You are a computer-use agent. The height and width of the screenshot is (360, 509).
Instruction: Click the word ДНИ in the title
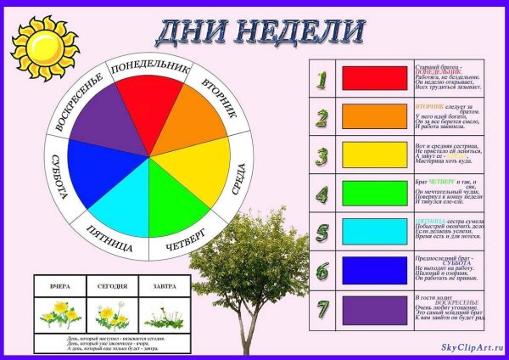click(x=193, y=32)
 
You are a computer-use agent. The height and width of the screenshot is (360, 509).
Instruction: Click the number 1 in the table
click(x=322, y=79)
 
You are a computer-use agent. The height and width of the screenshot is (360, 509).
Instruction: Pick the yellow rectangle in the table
click(x=374, y=155)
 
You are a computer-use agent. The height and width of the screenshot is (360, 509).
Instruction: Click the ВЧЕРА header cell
click(x=59, y=287)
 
